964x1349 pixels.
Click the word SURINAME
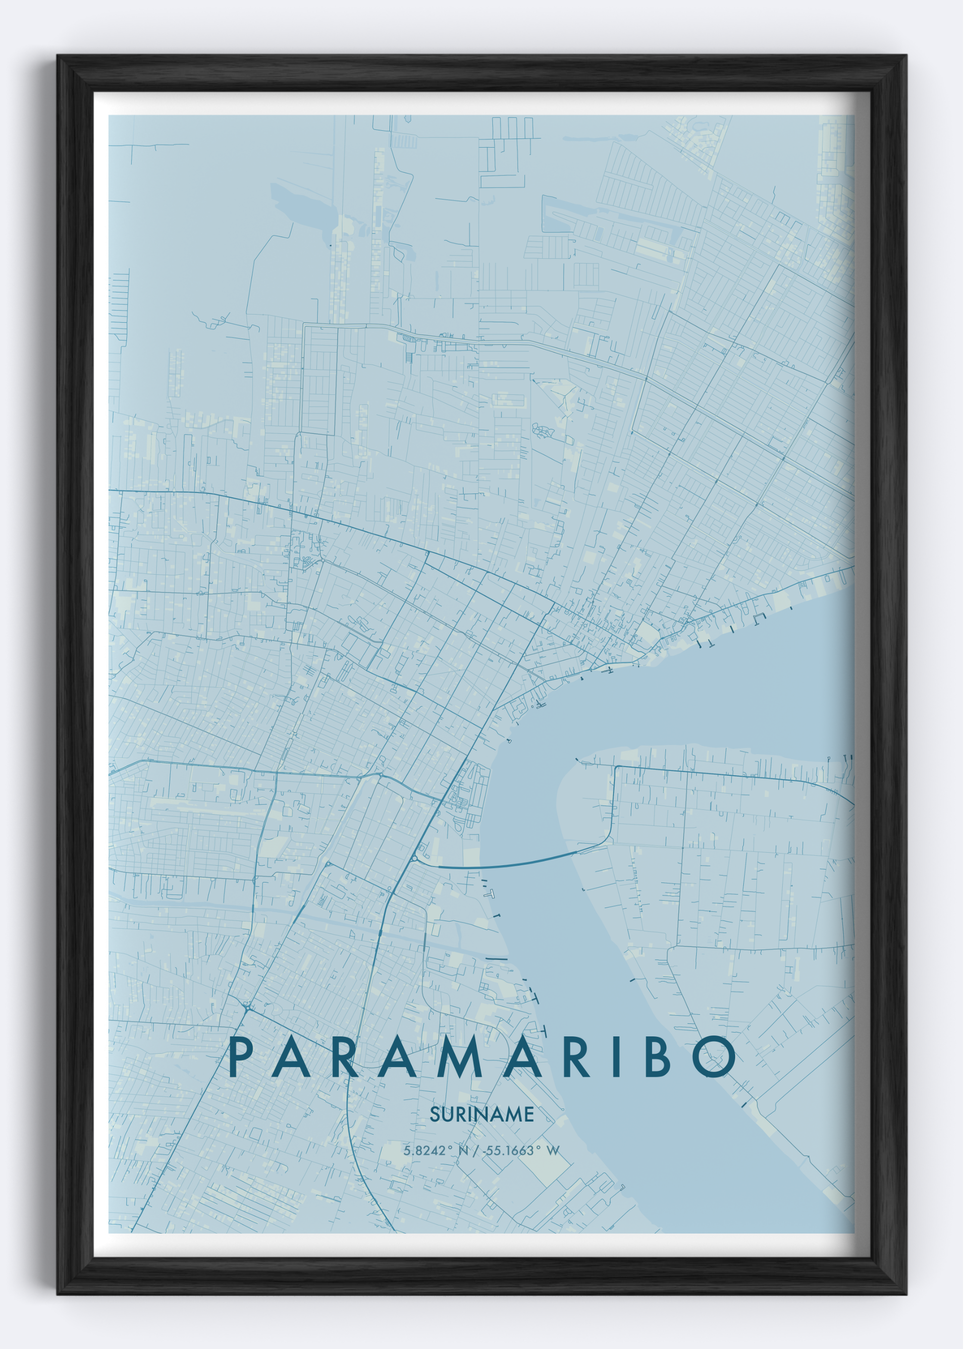[482, 1115]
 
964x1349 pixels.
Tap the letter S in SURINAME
[434, 1115]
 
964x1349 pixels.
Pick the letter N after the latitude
[463, 1151]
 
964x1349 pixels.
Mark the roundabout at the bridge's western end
[413, 858]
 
